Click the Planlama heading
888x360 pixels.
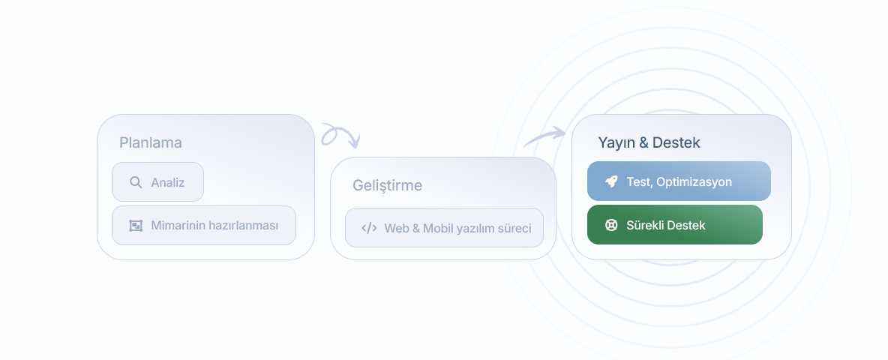(x=151, y=142)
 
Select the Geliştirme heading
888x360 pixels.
(x=387, y=186)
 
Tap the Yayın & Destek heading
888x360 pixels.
(x=649, y=142)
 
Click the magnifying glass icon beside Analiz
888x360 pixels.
(x=136, y=182)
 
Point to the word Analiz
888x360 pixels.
(x=168, y=182)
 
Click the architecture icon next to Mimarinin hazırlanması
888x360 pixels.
(x=136, y=225)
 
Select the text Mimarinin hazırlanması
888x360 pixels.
(x=214, y=225)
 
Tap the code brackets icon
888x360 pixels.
(x=369, y=228)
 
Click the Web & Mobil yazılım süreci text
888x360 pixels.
(x=457, y=228)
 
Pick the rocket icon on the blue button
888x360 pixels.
(x=611, y=181)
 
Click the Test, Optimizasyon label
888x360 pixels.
(x=679, y=181)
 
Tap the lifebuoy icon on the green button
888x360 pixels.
(x=611, y=225)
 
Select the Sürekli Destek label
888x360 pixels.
(x=666, y=225)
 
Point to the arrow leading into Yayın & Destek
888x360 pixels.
(x=544, y=136)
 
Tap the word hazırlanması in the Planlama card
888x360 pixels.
(x=244, y=225)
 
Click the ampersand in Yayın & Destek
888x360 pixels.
(x=643, y=142)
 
